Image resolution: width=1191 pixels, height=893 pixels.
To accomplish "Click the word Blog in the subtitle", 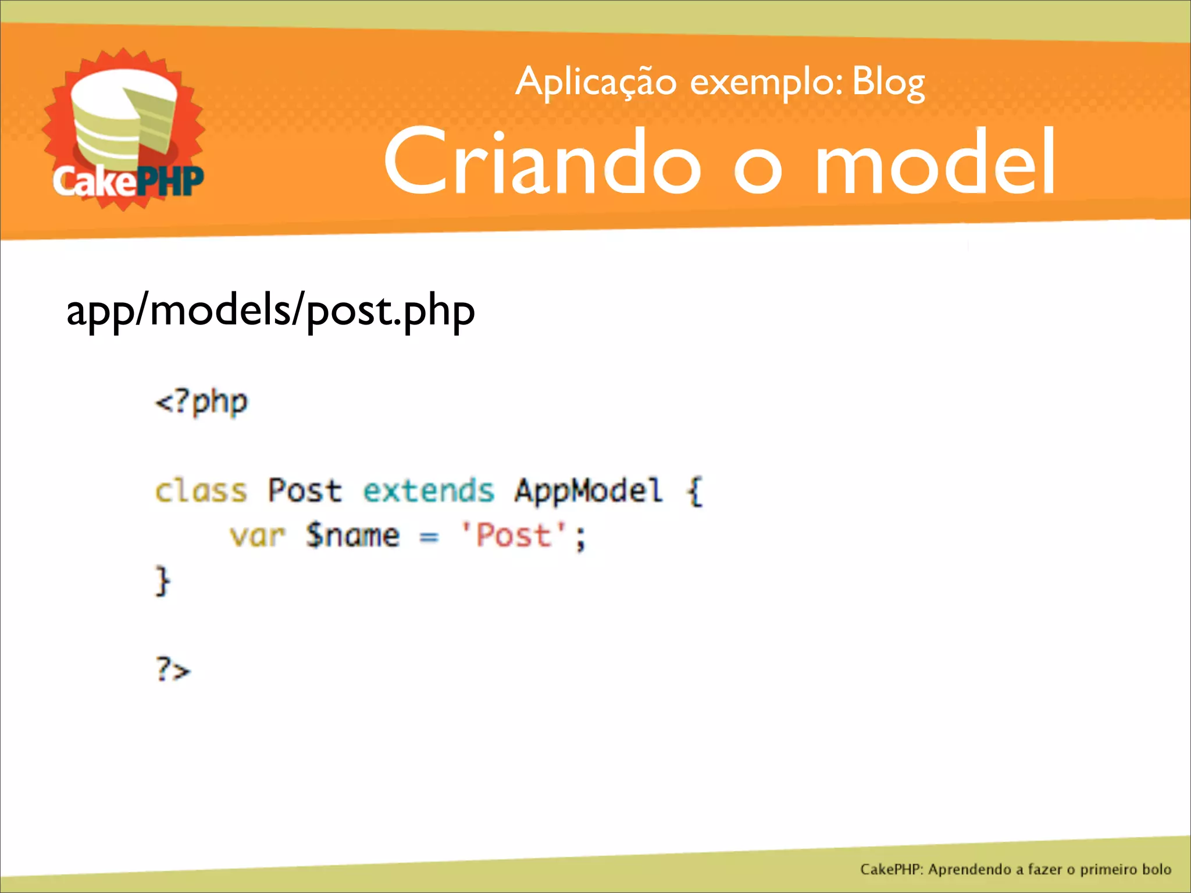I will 888,83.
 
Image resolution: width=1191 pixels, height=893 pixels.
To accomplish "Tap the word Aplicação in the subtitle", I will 596,83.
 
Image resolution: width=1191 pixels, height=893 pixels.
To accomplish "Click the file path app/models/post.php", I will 270,311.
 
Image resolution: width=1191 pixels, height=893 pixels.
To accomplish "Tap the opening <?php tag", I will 201,402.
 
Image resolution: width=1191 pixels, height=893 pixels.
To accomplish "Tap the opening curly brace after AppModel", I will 695,491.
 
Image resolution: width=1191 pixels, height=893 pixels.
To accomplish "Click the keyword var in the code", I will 257,535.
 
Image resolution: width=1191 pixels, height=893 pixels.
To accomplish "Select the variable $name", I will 353,535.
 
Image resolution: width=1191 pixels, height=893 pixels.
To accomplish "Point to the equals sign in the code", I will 429,537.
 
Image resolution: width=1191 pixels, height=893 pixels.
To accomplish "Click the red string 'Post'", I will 513,535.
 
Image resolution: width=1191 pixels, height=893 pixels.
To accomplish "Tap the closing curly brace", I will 162,581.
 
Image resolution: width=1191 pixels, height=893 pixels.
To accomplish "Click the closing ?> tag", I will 173,670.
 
